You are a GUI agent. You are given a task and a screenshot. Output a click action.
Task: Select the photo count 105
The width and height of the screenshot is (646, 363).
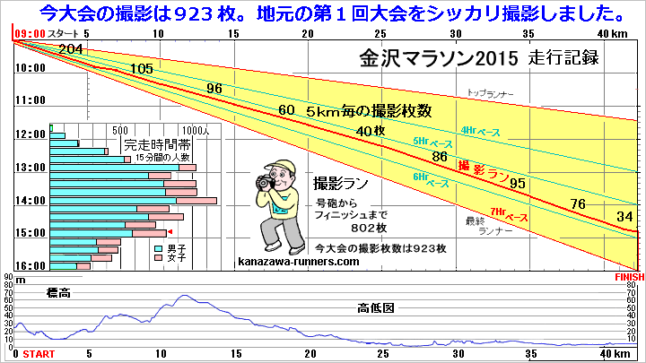point(142,69)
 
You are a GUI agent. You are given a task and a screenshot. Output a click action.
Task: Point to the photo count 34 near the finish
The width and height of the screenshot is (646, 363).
point(626,216)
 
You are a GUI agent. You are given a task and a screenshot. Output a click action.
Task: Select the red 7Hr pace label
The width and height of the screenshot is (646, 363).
point(511,217)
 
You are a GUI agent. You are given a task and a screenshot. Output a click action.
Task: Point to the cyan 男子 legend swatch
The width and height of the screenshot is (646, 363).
point(160,247)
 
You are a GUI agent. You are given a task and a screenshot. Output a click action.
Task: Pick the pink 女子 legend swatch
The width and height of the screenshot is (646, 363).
point(160,258)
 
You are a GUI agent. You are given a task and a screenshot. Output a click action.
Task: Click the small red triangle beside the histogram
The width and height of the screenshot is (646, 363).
point(171,233)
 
